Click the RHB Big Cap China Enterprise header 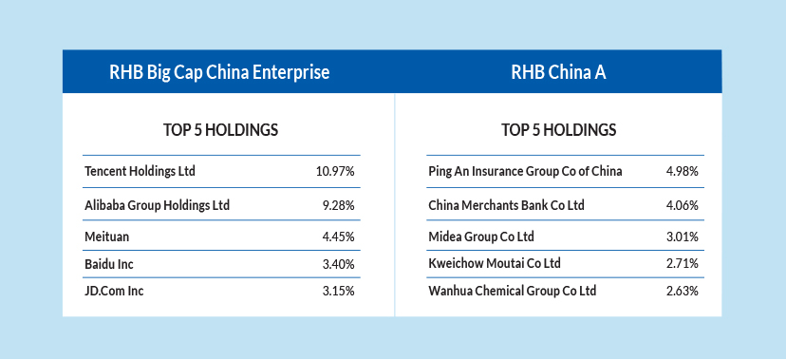(x=219, y=72)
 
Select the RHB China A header (x=558, y=72)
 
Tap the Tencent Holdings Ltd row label (x=140, y=172)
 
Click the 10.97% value (x=335, y=172)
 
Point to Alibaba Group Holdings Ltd (x=157, y=205)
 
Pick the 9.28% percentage (x=338, y=205)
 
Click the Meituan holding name (x=106, y=237)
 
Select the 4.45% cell (x=338, y=237)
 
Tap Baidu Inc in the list (x=109, y=264)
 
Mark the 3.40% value (x=338, y=264)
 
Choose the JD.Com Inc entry (x=114, y=291)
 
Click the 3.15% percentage (x=338, y=291)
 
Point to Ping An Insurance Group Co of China (x=525, y=172)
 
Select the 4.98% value (x=682, y=172)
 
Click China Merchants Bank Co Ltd (x=506, y=205)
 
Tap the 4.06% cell (x=682, y=205)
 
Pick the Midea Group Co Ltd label (x=481, y=237)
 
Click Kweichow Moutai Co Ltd (x=495, y=264)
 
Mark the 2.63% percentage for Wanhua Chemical (x=682, y=291)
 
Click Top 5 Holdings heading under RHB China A (x=558, y=130)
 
